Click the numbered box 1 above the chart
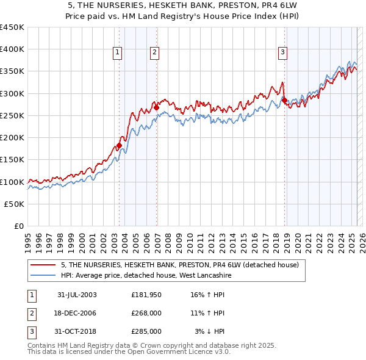click(x=117, y=53)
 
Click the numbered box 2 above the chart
click(x=155, y=53)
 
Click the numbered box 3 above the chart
click(x=283, y=53)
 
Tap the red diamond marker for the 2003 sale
click(x=120, y=145)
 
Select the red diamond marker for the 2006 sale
click(x=156, y=107)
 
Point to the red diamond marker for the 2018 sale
click(x=284, y=100)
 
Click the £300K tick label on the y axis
click(x=12, y=93)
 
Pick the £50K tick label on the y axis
click(x=15, y=204)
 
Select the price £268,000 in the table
click(x=146, y=313)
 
